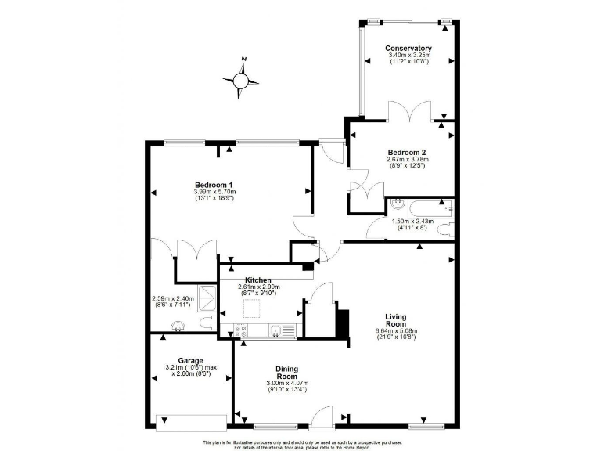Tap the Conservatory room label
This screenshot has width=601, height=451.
click(408, 49)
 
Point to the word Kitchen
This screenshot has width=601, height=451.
click(258, 280)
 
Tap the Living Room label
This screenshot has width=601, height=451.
click(395, 320)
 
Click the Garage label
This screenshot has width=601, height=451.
click(190, 361)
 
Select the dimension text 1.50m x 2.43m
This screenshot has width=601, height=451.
click(412, 222)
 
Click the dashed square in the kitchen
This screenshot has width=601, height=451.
click(252, 308)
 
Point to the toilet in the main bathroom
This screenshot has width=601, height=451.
click(447, 229)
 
